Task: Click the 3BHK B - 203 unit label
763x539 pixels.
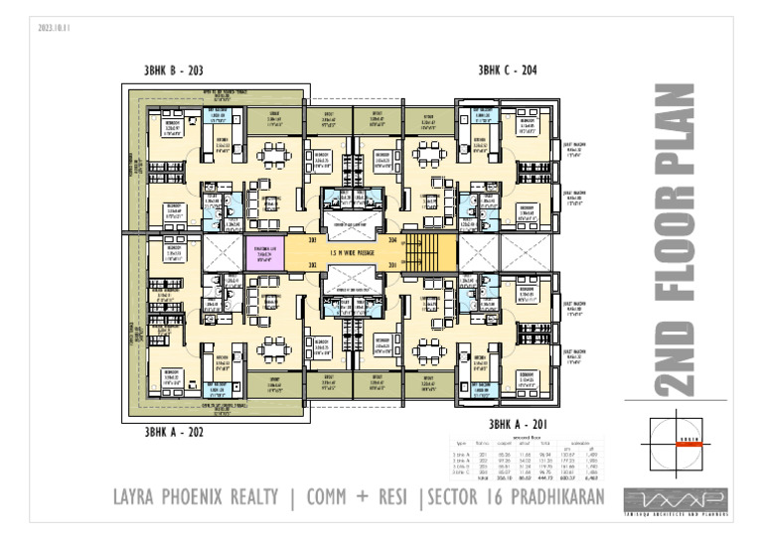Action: (x=175, y=70)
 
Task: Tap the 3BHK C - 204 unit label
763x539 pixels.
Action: (x=508, y=70)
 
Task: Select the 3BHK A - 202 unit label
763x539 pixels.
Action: (x=175, y=432)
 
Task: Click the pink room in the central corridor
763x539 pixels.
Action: (x=263, y=253)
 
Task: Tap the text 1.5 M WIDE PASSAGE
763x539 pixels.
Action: (x=354, y=253)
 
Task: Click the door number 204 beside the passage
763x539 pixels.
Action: (x=392, y=240)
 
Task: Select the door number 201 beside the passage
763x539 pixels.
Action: (x=392, y=266)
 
